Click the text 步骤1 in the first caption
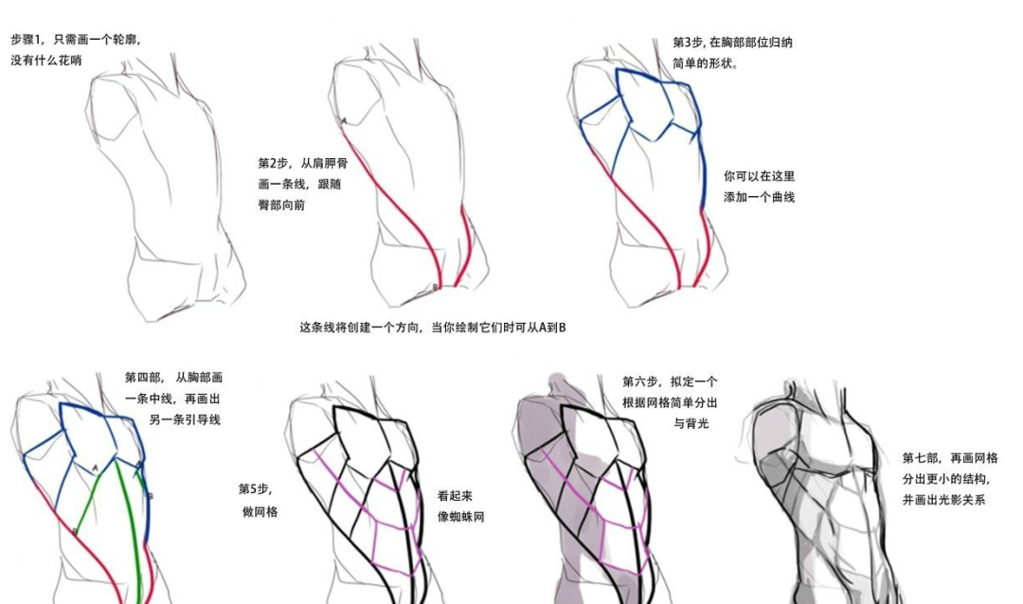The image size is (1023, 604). coord(28,40)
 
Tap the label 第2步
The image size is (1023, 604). coord(275,164)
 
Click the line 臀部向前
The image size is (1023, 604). coord(282,205)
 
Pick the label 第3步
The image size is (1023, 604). coord(689,43)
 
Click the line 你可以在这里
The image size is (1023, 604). coord(759,176)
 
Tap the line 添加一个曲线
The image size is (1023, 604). coord(759,197)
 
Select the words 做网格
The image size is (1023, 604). coord(260,511)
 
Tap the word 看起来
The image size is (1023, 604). coord(455,495)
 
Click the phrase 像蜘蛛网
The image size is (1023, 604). coord(460,517)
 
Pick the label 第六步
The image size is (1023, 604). coord(641,382)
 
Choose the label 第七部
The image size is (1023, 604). coord(920,458)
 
